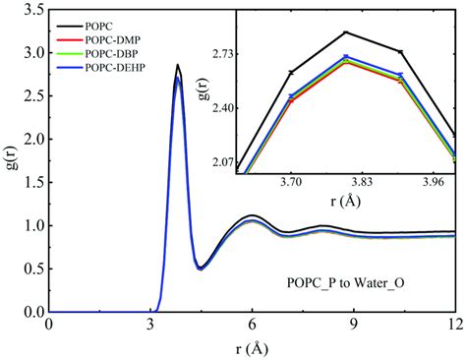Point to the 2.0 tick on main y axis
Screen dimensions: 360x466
click(x=32, y=139)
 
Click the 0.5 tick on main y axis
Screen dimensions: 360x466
click(x=32, y=269)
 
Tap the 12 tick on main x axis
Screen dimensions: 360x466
click(x=453, y=324)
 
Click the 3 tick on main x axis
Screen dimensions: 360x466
click(x=151, y=324)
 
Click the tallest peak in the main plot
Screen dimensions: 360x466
click(x=177, y=65)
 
